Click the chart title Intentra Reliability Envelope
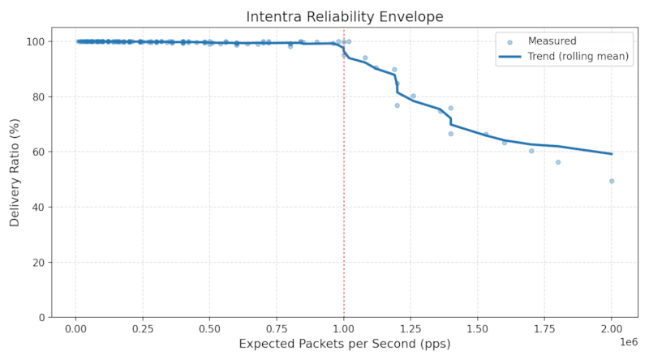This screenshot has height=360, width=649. pyautogui.click(x=345, y=17)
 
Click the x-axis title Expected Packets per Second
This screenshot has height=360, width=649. pyautogui.click(x=344, y=345)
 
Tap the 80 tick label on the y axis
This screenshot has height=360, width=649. pyautogui.click(x=39, y=96)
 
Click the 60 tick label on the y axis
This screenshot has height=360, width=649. pyautogui.click(x=39, y=152)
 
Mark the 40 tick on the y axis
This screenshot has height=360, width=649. pyautogui.click(x=39, y=207)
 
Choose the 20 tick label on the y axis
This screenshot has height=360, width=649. pyautogui.click(x=39, y=262)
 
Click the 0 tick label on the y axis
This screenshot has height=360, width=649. pyautogui.click(x=42, y=317)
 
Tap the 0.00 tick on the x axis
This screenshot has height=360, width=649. pyautogui.click(x=75, y=328)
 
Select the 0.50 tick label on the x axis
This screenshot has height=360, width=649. pyautogui.click(x=209, y=328)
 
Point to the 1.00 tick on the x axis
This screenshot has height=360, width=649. pyautogui.click(x=344, y=328)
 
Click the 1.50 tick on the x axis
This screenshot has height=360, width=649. pyautogui.click(x=478, y=328)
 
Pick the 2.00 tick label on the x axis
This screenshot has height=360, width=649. pyautogui.click(x=612, y=328)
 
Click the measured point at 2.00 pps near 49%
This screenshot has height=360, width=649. pyautogui.click(x=612, y=181)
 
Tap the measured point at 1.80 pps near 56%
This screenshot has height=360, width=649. pyautogui.click(x=558, y=162)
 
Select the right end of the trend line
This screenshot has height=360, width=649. pyautogui.click(x=612, y=154)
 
